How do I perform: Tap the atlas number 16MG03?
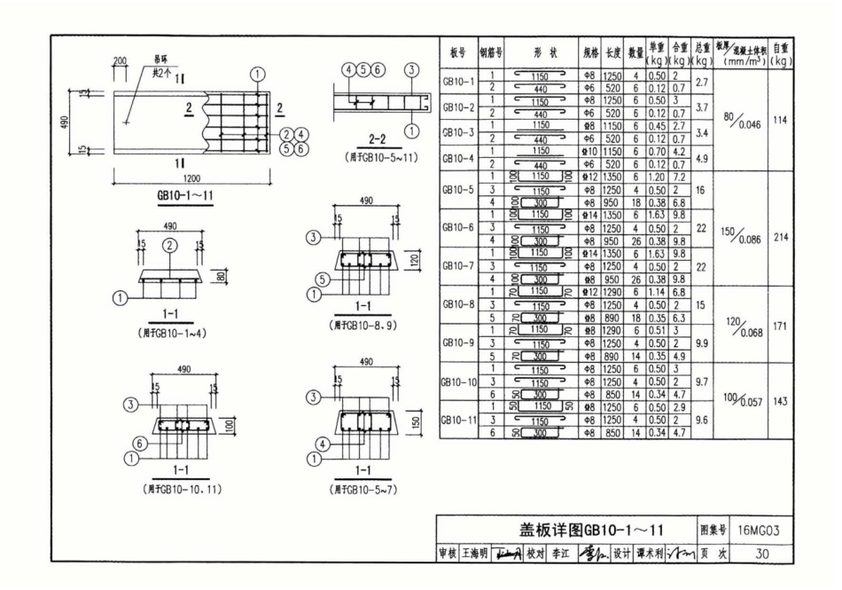coord(762,531)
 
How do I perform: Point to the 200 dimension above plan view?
coord(120,59)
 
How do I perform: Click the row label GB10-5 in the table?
coord(458,189)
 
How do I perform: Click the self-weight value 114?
coord(780,122)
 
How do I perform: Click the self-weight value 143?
coord(780,401)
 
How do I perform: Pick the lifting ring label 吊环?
coord(162,59)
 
